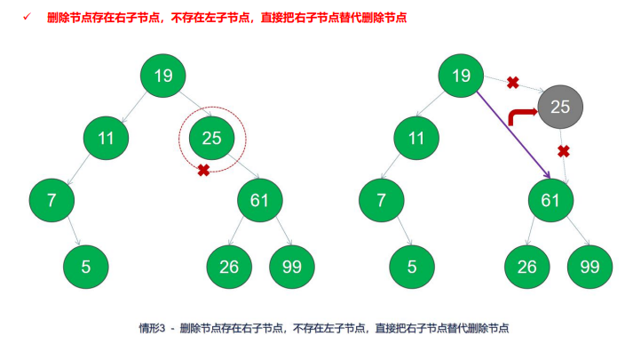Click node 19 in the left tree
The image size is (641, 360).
163,76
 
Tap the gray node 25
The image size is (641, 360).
560,108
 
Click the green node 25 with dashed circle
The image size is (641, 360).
211,138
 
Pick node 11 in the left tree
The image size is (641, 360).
107,138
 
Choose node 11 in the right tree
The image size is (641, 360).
416,138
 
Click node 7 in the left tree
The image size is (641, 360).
51,200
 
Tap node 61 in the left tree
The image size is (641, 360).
259,200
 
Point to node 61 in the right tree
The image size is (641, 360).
550,200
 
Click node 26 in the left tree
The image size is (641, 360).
229,266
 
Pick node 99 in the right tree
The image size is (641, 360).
590,266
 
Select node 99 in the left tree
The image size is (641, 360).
291,266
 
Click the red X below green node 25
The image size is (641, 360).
203,169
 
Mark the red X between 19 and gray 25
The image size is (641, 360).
512,83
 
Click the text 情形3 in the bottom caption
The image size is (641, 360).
149,328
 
